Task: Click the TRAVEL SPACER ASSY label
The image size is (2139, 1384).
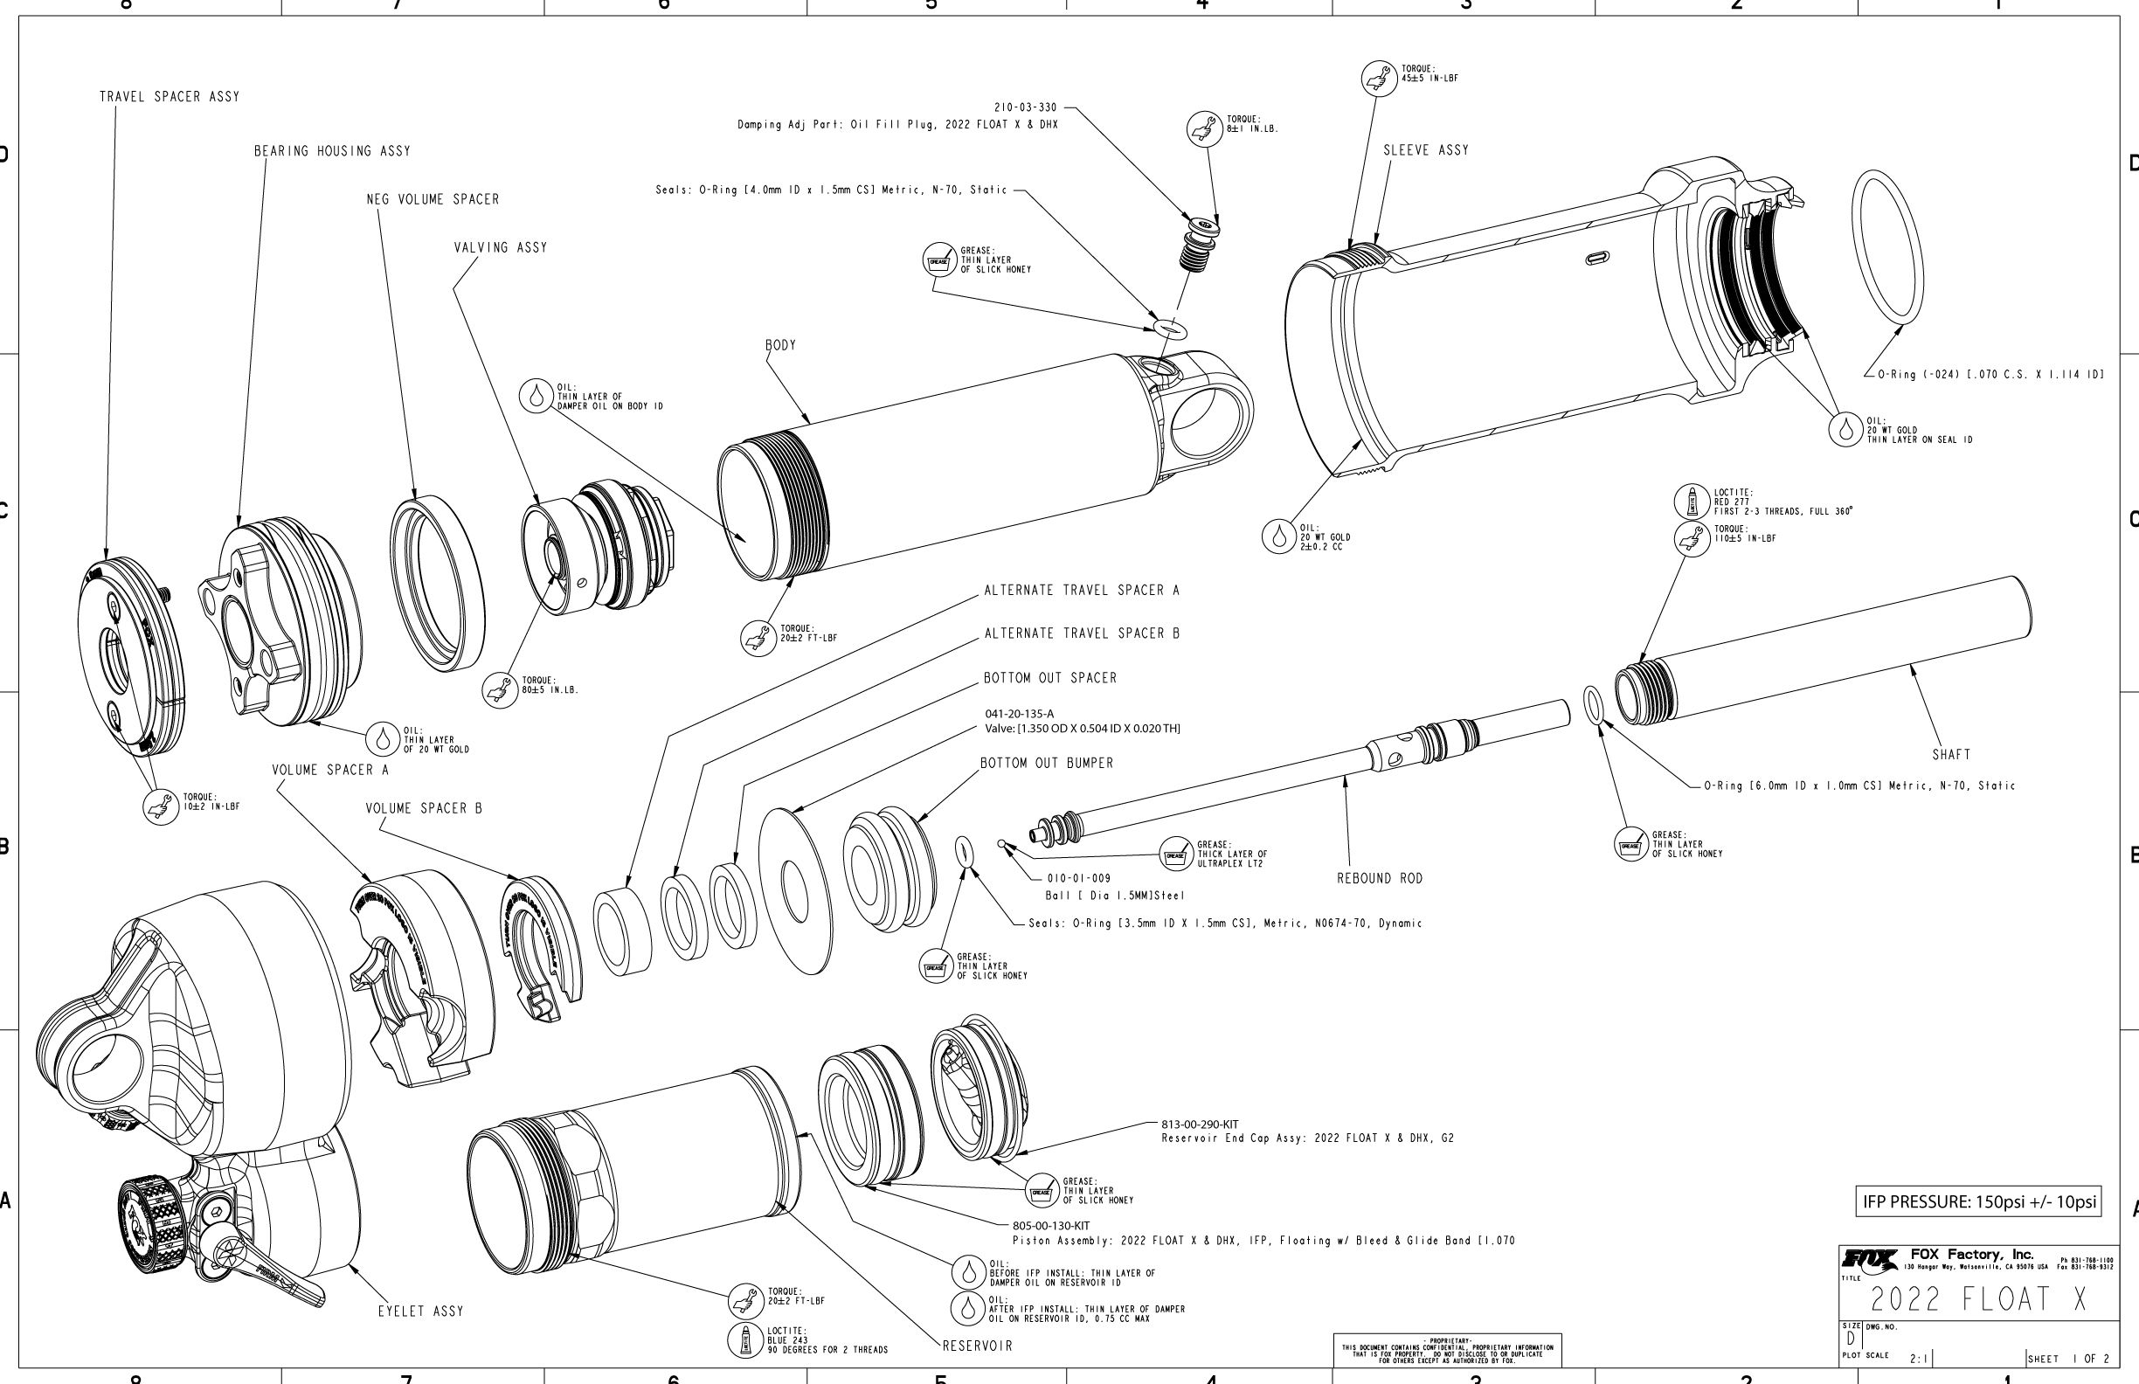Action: [169, 97]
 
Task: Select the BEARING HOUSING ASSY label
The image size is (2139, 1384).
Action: [332, 151]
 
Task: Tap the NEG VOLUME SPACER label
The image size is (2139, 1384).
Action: [433, 199]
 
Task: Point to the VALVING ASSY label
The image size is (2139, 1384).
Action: [500, 248]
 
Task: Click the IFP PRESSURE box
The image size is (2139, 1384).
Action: [1979, 1201]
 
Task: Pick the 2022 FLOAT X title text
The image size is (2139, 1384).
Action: [1979, 1299]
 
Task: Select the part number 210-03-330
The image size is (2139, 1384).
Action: [1026, 107]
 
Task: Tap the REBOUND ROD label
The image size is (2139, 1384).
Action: [1380, 878]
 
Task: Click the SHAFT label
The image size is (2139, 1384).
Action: [1951, 755]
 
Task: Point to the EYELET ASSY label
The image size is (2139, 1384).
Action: [420, 1311]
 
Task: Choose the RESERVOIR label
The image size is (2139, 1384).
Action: [977, 1346]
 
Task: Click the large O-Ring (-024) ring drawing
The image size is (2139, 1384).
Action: [1887, 246]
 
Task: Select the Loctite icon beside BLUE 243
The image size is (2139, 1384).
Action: [745, 1340]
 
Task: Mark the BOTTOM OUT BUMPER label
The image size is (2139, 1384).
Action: [1046, 764]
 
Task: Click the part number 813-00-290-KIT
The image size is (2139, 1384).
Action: [1200, 1124]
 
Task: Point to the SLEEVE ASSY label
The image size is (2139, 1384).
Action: [1425, 151]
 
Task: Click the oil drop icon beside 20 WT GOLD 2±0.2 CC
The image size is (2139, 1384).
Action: [1278, 536]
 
